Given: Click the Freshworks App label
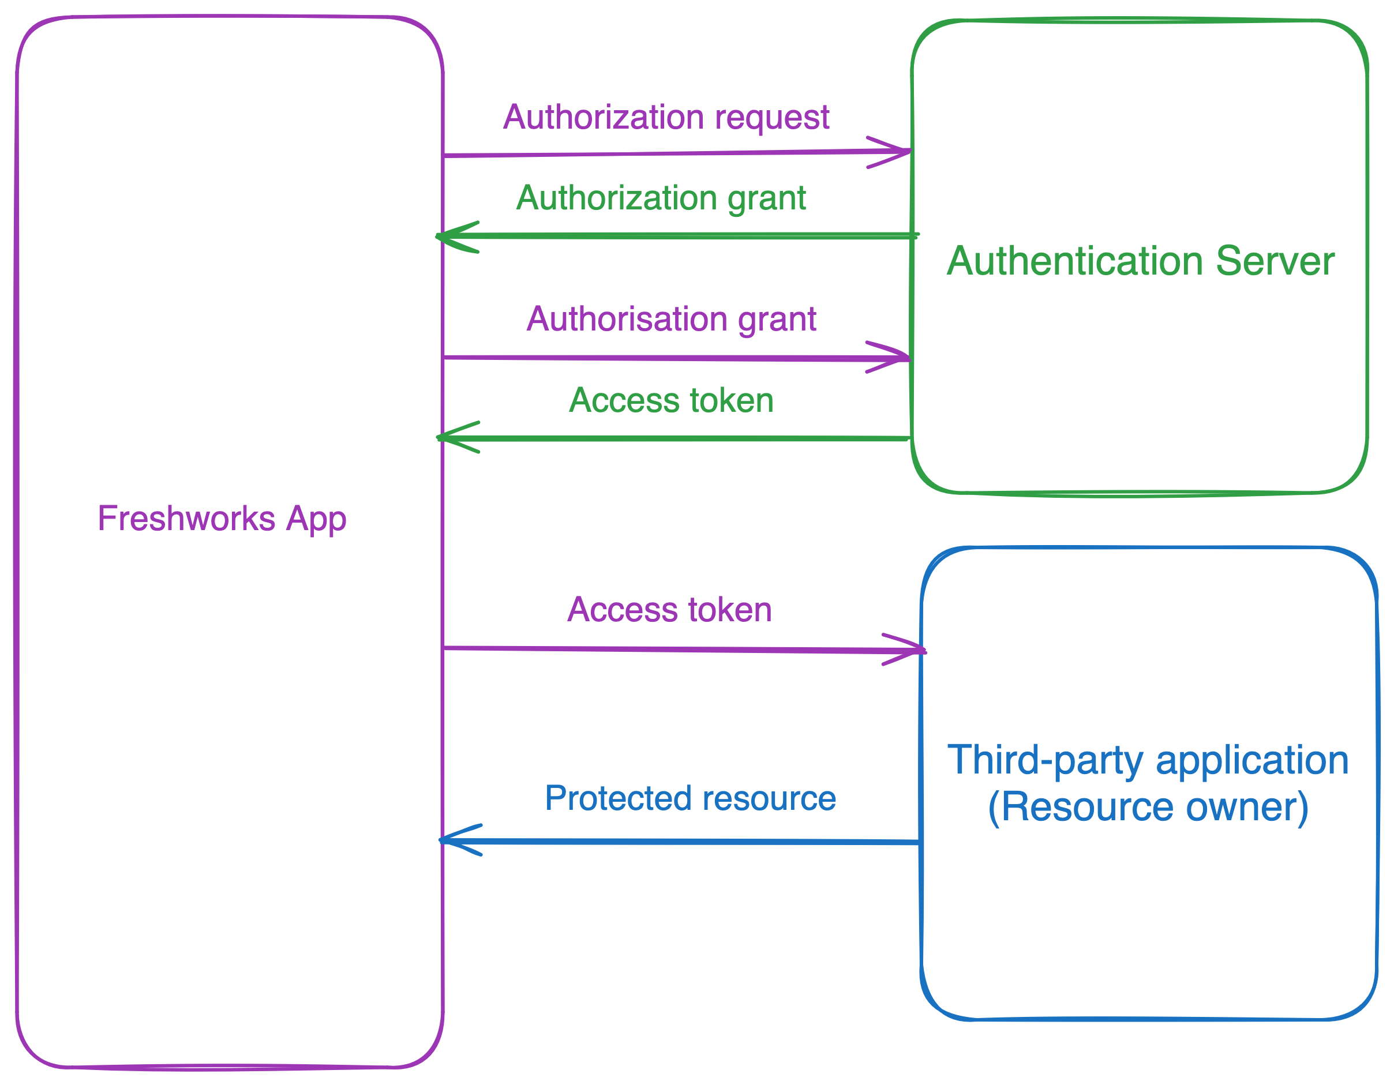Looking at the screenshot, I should click(222, 518).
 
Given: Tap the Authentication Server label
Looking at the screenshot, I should click(1140, 261).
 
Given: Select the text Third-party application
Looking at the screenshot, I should click(1148, 760).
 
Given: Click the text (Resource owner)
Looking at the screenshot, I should click(1148, 808).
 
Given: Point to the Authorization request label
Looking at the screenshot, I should click(666, 118).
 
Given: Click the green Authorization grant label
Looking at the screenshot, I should click(661, 198).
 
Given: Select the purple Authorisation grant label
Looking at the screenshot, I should click(671, 319).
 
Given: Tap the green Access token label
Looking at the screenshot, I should click(671, 401).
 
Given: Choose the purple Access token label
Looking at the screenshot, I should click(669, 610).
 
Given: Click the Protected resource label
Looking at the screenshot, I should click(690, 798).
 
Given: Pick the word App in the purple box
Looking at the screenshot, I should click(316, 518).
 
